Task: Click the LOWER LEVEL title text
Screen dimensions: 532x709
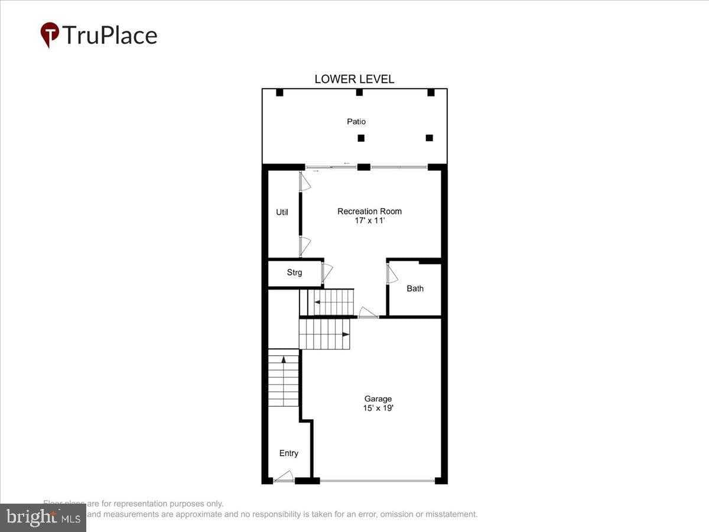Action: [354, 79]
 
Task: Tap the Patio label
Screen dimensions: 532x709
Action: [356, 121]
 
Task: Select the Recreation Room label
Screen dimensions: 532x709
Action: [369, 211]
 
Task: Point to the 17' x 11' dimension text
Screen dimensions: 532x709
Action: [369, 220]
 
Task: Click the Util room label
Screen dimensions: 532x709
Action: [282, 212]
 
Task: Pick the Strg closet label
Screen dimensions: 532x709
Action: [294, 273]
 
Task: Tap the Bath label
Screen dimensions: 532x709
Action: [415, 288]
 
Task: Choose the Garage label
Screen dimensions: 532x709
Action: [378, 399]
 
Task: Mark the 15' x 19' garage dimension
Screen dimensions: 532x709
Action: [378, 408]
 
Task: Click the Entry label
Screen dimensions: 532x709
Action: [288, 453]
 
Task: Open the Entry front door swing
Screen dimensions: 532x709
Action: [285, 476]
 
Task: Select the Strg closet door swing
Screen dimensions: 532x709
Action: [327, 273]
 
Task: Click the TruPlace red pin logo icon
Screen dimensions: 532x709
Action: [50, 34]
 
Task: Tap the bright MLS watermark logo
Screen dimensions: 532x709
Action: [43, 518]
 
